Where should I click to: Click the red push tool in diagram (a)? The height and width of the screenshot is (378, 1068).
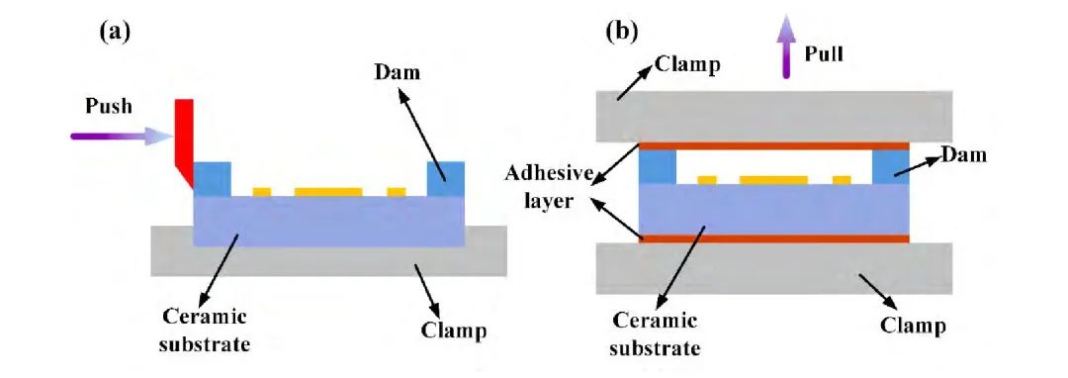point(184,140)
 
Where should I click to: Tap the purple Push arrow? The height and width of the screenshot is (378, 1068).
point(123,137)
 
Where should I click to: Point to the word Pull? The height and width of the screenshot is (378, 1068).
point(824,53)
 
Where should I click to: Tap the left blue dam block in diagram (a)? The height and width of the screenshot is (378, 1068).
point(213,179)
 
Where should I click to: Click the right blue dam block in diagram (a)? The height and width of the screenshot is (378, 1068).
point(445,179)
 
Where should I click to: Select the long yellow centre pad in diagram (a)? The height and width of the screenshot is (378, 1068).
point(328,192)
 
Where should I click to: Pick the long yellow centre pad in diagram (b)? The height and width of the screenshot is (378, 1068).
point(773,180)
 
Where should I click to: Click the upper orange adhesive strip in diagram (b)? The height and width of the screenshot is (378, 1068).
point(773,145)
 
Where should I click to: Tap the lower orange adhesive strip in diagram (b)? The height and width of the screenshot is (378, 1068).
point(773,238)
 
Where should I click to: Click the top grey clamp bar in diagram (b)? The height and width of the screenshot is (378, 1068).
point(773,117)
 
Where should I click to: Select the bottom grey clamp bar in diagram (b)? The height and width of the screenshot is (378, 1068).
point(773,268)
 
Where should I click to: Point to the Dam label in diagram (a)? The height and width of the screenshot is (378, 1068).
point(398,71)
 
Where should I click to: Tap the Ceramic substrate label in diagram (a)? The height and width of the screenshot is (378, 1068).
point(205,330)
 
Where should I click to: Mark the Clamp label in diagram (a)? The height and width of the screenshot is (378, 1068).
point(454,331)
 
